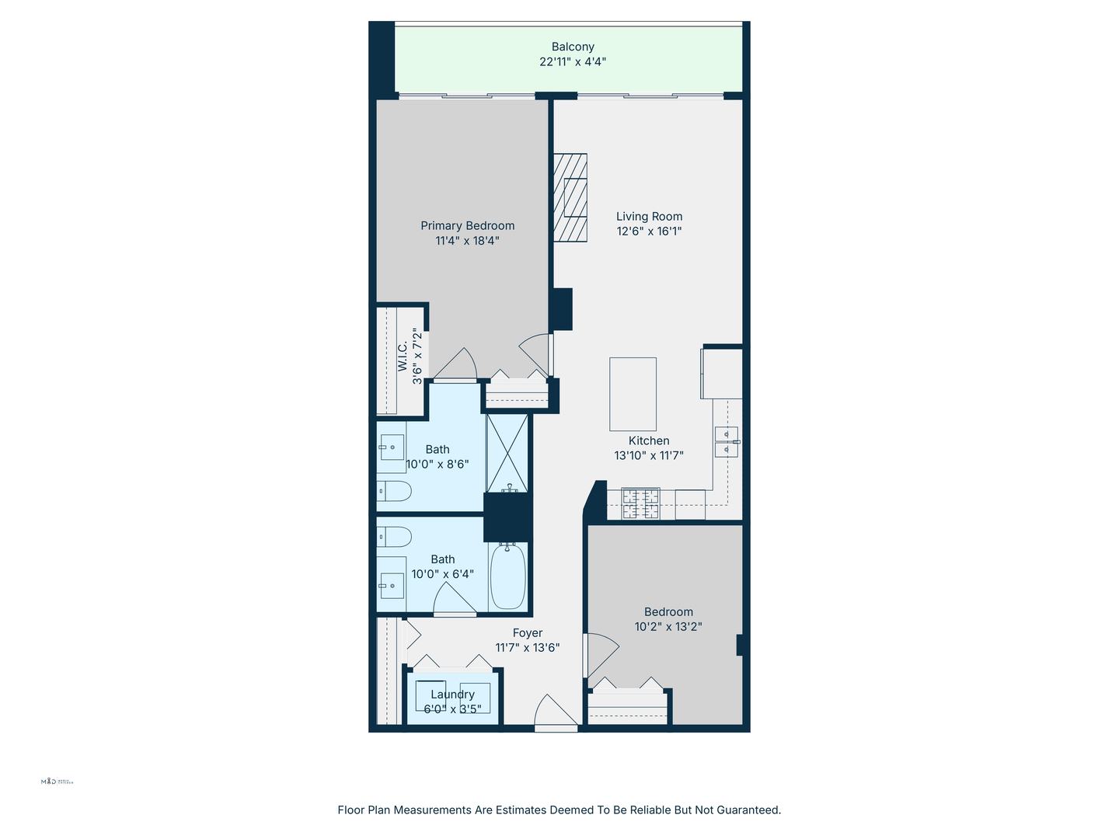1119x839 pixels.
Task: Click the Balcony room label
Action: [573, 47]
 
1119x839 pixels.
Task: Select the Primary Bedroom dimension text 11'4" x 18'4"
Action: [467, 241]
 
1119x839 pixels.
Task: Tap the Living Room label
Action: [649, 217]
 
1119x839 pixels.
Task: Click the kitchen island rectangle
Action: [633, 394]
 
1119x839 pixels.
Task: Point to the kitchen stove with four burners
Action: [640, 503]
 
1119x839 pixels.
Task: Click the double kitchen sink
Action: [726, 441]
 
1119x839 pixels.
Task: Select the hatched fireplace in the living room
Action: [570, 198]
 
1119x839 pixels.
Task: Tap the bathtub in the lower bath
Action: [508, 576]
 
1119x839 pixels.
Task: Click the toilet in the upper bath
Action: [394, 490]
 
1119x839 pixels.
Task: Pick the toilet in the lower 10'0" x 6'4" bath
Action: [394, 537]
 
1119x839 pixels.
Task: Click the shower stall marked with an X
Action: [507, 452]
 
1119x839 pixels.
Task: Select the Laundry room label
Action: [452, 695]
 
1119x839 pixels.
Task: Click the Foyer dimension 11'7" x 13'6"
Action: [528, 648]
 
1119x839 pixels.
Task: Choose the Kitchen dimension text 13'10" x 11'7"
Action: [649, 456]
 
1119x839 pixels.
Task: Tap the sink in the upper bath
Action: [392, 447]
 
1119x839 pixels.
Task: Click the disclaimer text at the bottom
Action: [559, 809]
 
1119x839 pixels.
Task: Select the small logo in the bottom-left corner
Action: [57, 782]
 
